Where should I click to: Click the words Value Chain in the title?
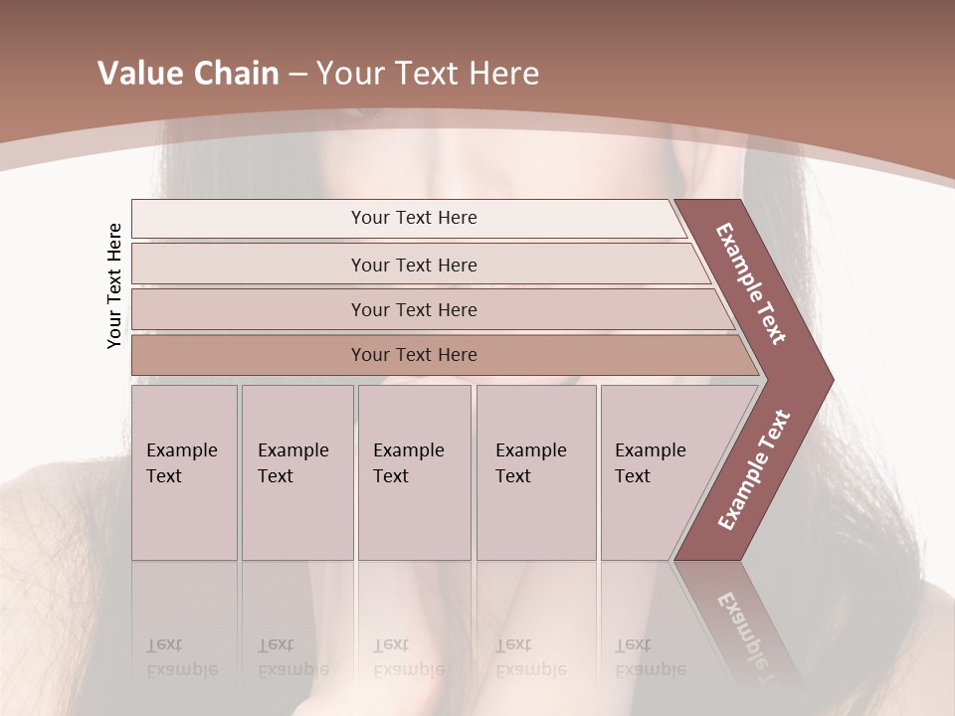[188, 74]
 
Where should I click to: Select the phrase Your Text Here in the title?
[428, 74]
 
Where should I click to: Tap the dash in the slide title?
[297, 75]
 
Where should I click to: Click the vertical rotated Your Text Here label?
[114, 285]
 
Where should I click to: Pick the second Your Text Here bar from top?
[413, 265]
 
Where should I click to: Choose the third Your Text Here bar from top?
[413, 309]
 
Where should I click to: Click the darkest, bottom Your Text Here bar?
[413, 355]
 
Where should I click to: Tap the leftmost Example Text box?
[184, 472]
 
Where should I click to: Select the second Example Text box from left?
[296, 472]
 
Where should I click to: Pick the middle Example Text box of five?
[414, 472]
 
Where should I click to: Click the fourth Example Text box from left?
[535, 472]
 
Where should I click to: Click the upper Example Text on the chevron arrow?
[752, 283]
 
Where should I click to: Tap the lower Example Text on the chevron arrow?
[754, 469]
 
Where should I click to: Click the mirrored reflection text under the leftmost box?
[181, 657]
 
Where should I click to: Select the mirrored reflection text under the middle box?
[408, 657]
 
